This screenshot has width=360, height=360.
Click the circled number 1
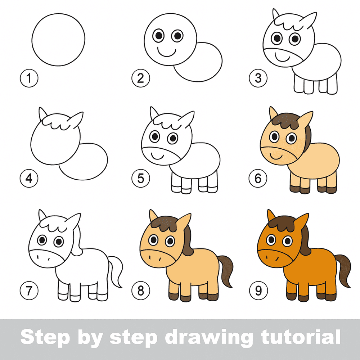click(29, 78)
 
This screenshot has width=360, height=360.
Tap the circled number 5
click(141, 179)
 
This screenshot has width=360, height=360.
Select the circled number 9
click(258, 291)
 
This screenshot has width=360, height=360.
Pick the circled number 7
click(29, 291)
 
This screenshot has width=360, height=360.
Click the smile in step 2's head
click(167, 52)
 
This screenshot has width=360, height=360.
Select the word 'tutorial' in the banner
click(300, 337)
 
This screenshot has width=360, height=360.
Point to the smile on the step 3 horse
click(282, 59)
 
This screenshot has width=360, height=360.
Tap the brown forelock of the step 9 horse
click(282, 224)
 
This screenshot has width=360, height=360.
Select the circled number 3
click(258, 78)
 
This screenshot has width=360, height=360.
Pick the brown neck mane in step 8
click(188, 241)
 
